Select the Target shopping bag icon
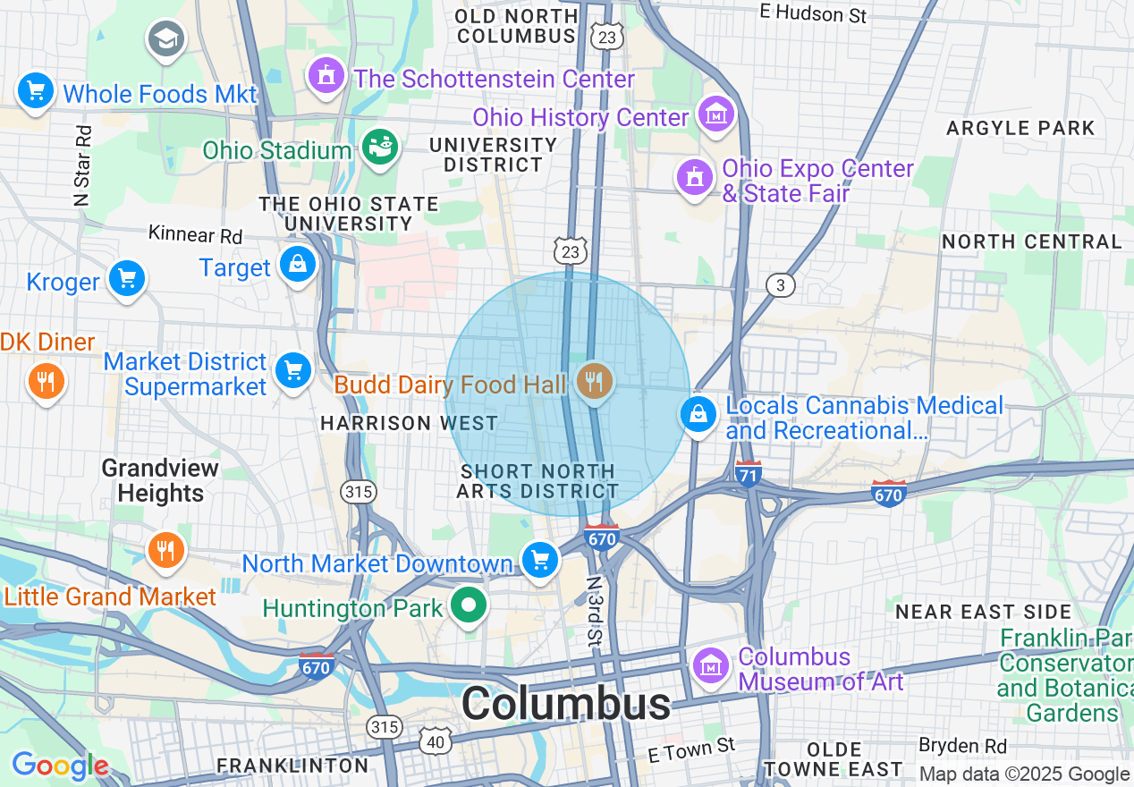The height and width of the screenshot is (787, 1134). point(297,265)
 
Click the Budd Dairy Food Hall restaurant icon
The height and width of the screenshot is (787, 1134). point(593,382)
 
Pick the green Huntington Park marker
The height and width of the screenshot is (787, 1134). point(467,605)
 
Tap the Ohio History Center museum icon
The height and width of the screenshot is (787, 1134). point(715,114)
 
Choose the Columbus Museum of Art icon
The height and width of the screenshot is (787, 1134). point(711,664)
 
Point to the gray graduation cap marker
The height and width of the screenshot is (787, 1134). point(166,39)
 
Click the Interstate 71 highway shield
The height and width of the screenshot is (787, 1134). point(748,473)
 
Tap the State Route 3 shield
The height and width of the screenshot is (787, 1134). point(780,285)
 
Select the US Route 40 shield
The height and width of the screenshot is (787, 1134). point(436,740)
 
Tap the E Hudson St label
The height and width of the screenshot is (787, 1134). point(813,13)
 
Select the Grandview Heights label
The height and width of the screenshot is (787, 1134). point(160,480)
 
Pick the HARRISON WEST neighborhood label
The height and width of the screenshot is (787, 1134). point(409,423)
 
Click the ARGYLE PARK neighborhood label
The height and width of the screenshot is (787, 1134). point(1020,128)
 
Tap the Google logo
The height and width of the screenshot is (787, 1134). point(60,766)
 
